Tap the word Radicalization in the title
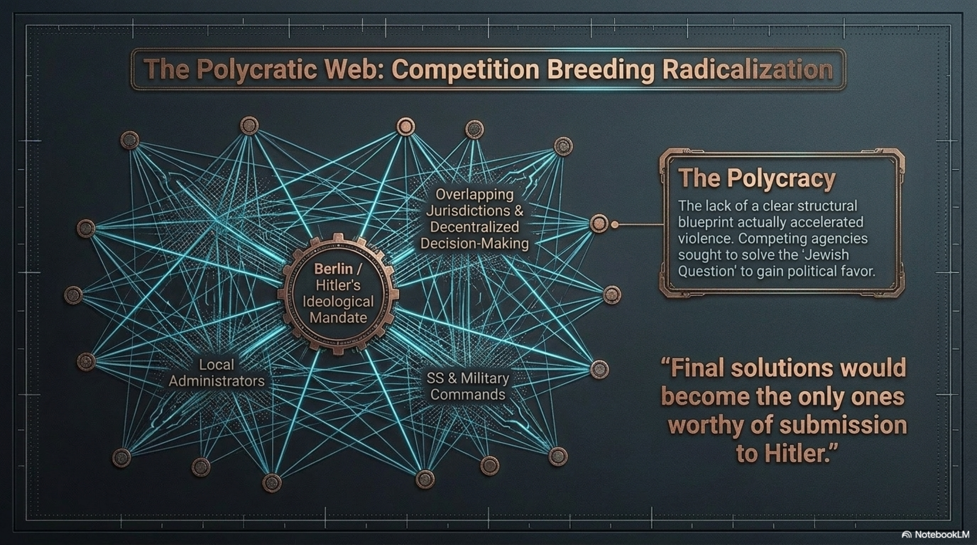748,70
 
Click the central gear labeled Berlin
338,294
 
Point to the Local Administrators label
217,373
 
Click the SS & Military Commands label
468,386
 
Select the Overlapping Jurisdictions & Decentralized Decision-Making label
474,219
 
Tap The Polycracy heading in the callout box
757,178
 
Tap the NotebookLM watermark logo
907,535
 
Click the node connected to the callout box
599,223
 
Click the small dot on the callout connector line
615,225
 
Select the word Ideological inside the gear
338,301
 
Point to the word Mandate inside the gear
338,317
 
